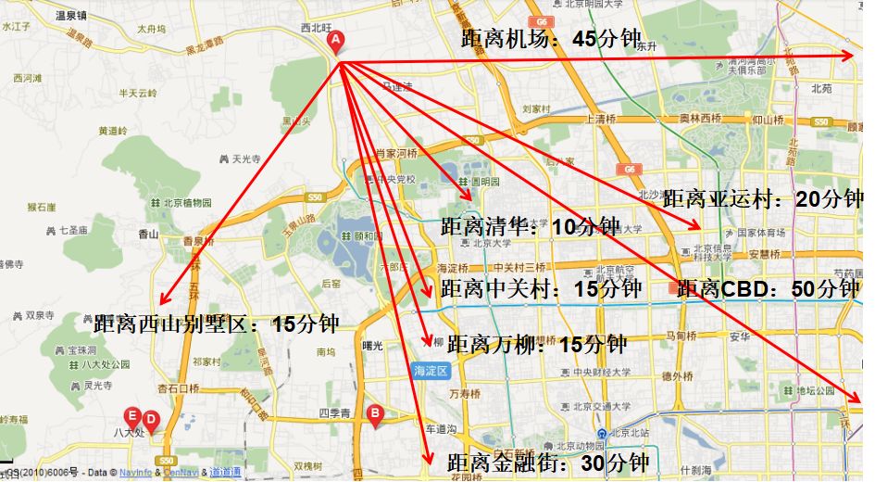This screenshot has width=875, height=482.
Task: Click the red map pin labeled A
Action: (x=336, y=42)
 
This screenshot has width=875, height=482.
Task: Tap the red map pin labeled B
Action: (x=375, y=414)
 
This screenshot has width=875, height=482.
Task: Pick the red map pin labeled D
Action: (x=151, y=421)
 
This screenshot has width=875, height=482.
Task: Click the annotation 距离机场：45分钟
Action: (x=551, y=39)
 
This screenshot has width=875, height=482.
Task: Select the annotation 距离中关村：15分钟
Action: (x=541, y=288)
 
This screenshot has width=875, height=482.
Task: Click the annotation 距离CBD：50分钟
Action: (x=768, y=288)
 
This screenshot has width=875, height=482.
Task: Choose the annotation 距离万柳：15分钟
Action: (x=537, y=345)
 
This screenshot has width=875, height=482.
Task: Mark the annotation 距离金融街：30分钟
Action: (x=547, y=462)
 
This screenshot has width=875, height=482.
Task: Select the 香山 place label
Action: (x=148, y=235)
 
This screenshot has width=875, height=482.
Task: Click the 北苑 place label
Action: (x=821, y=89)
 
